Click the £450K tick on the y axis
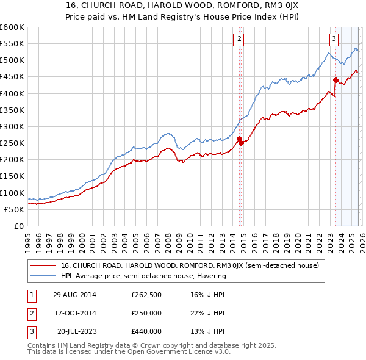[12, 77]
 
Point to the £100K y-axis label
[12, 193]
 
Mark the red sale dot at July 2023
[335, 80]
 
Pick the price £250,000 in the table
[146, 313]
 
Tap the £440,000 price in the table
[146, 331]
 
